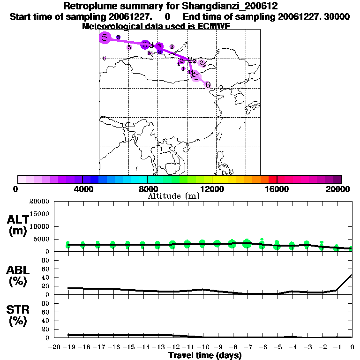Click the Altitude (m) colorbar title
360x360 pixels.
coord(174,196)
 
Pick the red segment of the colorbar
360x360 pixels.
coord(272,179)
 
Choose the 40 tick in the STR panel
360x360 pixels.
coord(46,321)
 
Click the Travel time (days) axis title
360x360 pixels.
coord(205,355)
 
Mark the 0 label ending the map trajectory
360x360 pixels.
coord(208,85)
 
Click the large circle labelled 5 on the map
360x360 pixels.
coord(105,37)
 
